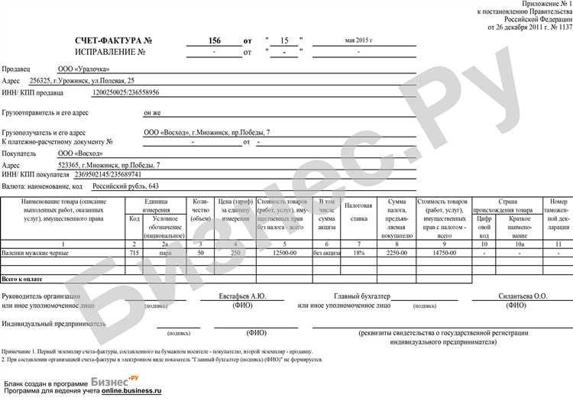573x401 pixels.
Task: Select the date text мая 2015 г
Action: click(x=359, y=39)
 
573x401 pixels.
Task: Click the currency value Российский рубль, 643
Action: click(x=125, y=186)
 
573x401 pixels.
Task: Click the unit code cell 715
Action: click(x=134, y=251)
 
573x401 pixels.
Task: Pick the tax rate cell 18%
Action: click(x=358, y=251)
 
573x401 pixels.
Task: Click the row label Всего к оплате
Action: click(x=23, y=280)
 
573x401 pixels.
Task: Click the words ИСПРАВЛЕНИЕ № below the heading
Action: click(x=110, y=52)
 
